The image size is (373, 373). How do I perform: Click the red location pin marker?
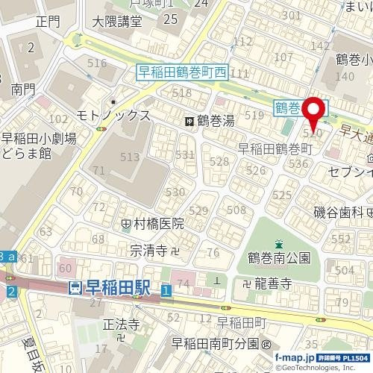click(x=314, y=112)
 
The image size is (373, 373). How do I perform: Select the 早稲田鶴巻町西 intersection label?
click(x=182, y=72)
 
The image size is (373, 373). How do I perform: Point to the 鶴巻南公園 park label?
click(x=278, y=258)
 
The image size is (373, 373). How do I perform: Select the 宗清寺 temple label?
click(x=147, y=250)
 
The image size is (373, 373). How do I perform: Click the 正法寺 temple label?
click(x=121, y=325)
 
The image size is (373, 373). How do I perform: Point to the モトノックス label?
click(x=113, y=116)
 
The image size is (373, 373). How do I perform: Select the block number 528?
click(x=219, y=162)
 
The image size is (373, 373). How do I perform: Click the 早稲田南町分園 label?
click(x=217, y=344)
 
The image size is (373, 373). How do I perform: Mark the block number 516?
click(x=97, y=63)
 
